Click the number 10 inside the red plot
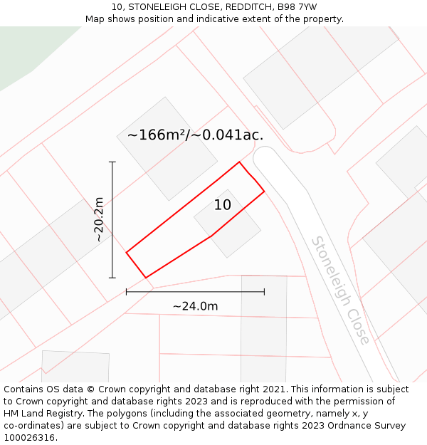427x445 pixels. coord(223,205)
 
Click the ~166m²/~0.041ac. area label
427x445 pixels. coord(195,135)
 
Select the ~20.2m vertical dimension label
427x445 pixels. coord(100,220)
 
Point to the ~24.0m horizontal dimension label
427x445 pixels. coord(195,306)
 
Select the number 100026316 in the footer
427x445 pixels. coord(29,438)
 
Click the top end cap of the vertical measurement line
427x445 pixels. coord(112,162)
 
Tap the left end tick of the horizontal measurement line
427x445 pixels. coord(126,291)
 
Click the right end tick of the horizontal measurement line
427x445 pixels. coord(264,291)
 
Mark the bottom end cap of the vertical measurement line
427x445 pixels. coord(112,278)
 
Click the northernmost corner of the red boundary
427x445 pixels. coord(239,162)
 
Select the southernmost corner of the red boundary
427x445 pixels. coord(145,277)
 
